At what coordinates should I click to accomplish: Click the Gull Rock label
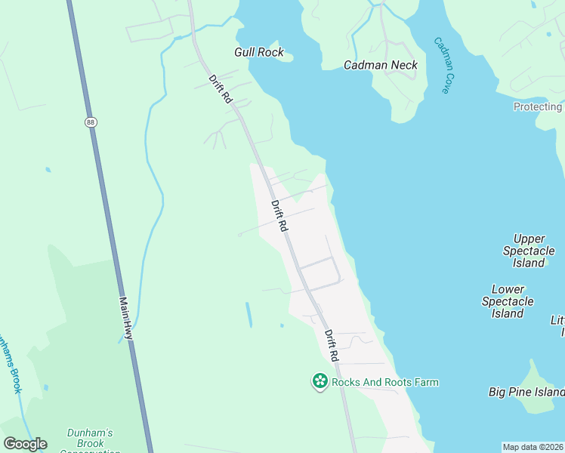coord(259,52)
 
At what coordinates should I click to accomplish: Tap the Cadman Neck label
coord(381,65)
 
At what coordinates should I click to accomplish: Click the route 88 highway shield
coord(91,122)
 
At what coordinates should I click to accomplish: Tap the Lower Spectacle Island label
coord(508,301)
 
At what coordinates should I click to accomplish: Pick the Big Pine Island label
coord(526,392)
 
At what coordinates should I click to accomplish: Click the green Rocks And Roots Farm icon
coord(320,382)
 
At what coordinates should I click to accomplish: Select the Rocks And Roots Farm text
coord(385,382)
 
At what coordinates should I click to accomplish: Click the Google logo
coord(25,444)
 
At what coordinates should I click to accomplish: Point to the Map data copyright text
coord(533,446)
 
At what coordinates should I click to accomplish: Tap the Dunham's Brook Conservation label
coord(90,439)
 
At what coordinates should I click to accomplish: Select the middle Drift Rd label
coord(279,215)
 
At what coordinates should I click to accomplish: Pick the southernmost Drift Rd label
coord(332,345)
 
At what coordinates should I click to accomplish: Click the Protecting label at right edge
coord(538,107)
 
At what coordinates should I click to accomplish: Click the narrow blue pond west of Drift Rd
coord(249,314)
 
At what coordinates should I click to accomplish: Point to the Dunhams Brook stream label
coord(9,362)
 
